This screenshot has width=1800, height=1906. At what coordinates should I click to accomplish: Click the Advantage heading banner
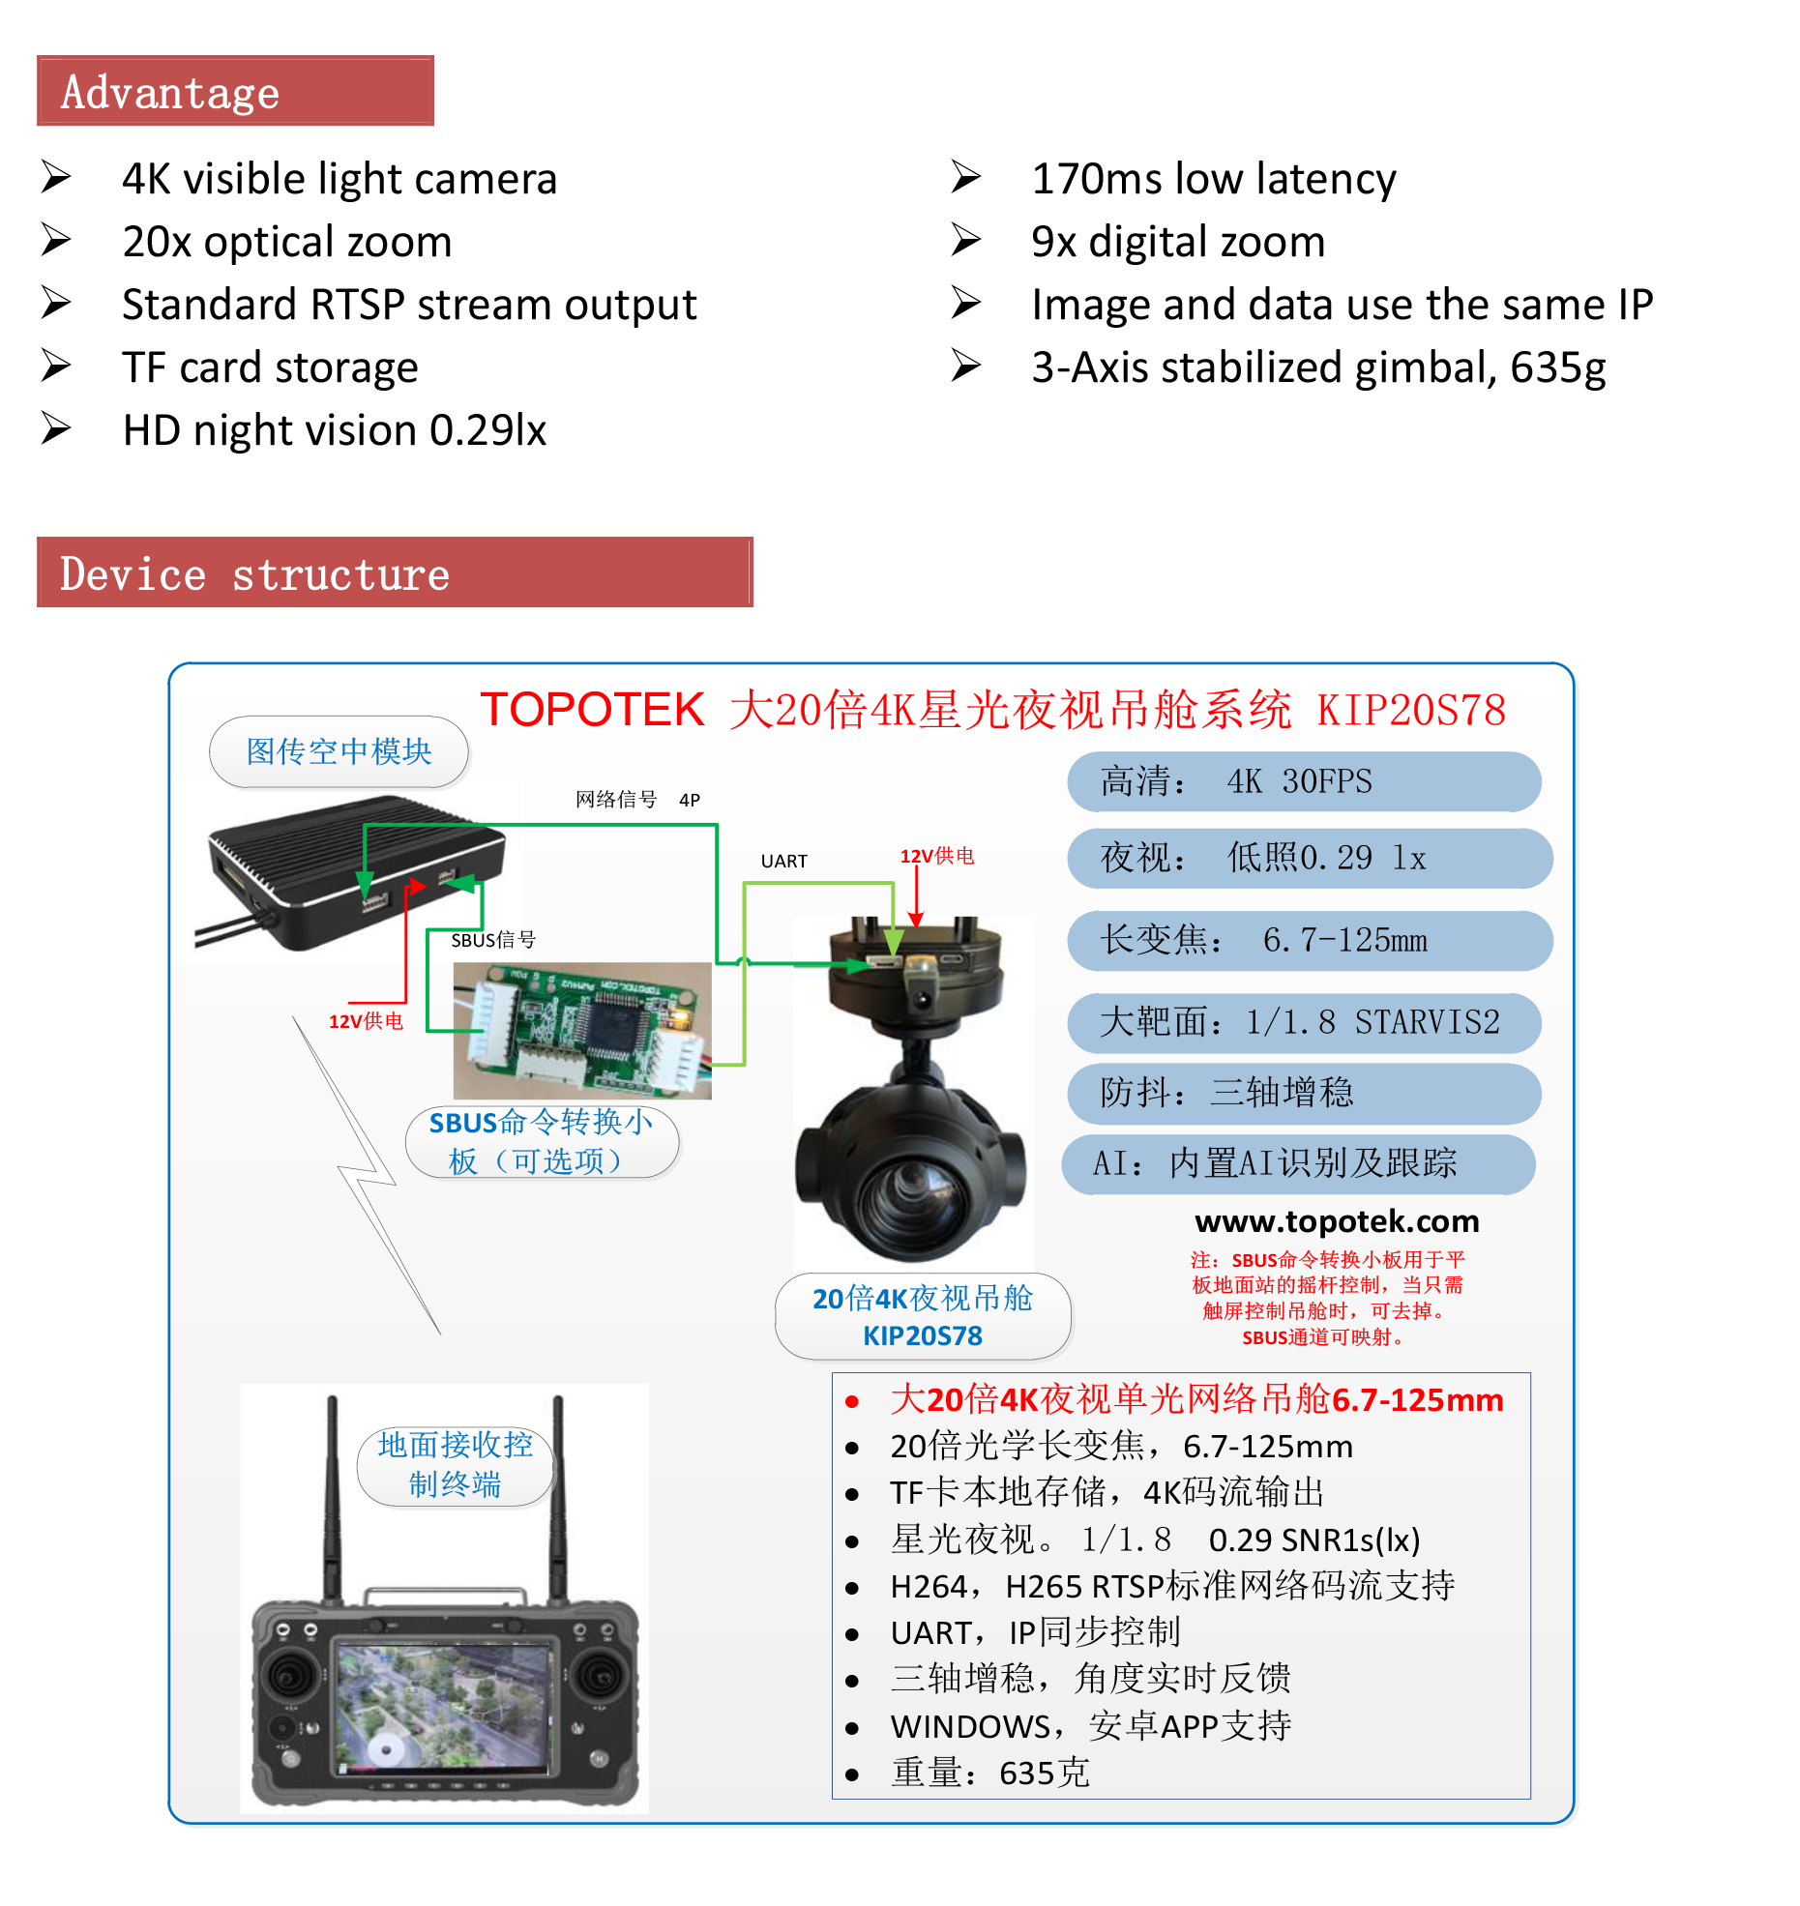coord(235,91)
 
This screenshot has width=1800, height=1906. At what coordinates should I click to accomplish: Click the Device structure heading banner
coord(395,572)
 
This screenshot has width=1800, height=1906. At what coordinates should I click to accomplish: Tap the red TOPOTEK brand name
coord(592,710)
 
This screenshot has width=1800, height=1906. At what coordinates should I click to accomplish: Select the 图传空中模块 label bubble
coord(339,751)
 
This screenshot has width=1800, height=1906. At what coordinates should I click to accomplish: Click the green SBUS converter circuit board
coord(582,1031)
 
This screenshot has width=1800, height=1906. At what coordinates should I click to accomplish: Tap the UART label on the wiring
coord(783,861)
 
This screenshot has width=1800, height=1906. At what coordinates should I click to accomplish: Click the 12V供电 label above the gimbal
coord(937,856)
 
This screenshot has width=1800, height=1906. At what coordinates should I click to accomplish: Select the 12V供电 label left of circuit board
coord(366,1021)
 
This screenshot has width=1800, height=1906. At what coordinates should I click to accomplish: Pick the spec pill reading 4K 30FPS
coord(1303,781)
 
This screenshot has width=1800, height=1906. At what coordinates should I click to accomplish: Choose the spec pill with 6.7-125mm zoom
coord(1309,940)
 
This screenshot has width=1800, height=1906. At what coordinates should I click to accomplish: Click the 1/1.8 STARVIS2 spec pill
coord(1303,1022)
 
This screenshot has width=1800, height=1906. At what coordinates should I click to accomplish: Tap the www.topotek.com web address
coord(1337,1221)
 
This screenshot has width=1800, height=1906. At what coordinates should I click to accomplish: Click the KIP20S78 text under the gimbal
coord(922,1335)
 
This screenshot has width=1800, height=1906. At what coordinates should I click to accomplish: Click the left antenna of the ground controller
coord(332,1499)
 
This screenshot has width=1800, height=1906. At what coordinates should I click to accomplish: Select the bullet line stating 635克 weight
coord(990,1773)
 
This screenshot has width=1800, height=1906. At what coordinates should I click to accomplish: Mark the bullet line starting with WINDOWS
coord(1090,1726)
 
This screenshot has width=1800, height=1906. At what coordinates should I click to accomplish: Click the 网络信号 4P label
coord(637,800)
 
